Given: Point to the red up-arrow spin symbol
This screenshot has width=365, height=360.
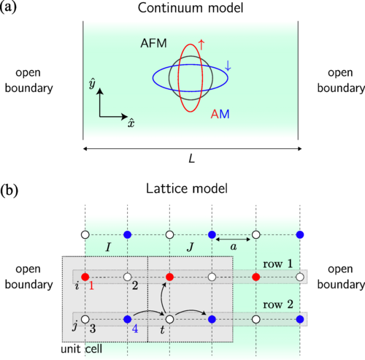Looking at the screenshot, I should click(201, 45).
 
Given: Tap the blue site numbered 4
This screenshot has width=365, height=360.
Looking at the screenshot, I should click(128, 319).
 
